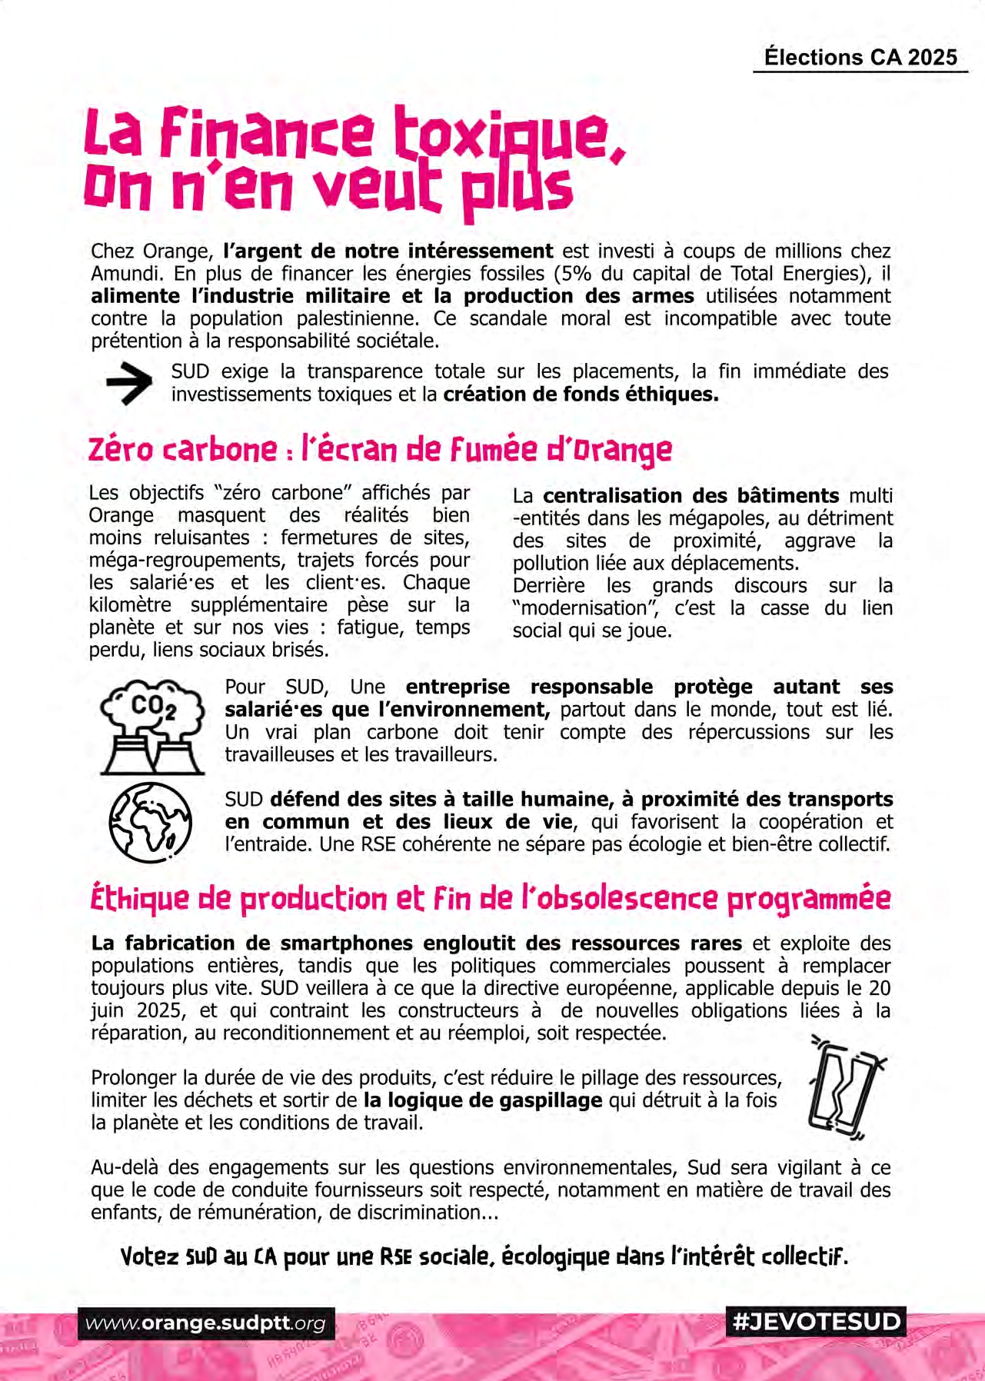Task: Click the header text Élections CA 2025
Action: coord(860,58)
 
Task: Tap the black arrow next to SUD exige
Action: coord(129,383)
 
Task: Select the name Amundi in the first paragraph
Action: coord(126,274)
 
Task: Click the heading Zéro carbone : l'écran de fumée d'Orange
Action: coord(380,450)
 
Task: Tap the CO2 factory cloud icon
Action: coord(152,725)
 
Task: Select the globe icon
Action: coord(151,822)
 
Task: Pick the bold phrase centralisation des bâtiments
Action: coord(690,496)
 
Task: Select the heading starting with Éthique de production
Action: coord(491,899)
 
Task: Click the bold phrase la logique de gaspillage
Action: coord(482,1100)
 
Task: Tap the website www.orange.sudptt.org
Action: coord(206,1323)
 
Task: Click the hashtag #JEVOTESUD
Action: coord(816,1322)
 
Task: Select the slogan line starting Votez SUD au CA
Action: coord(484,1257)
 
